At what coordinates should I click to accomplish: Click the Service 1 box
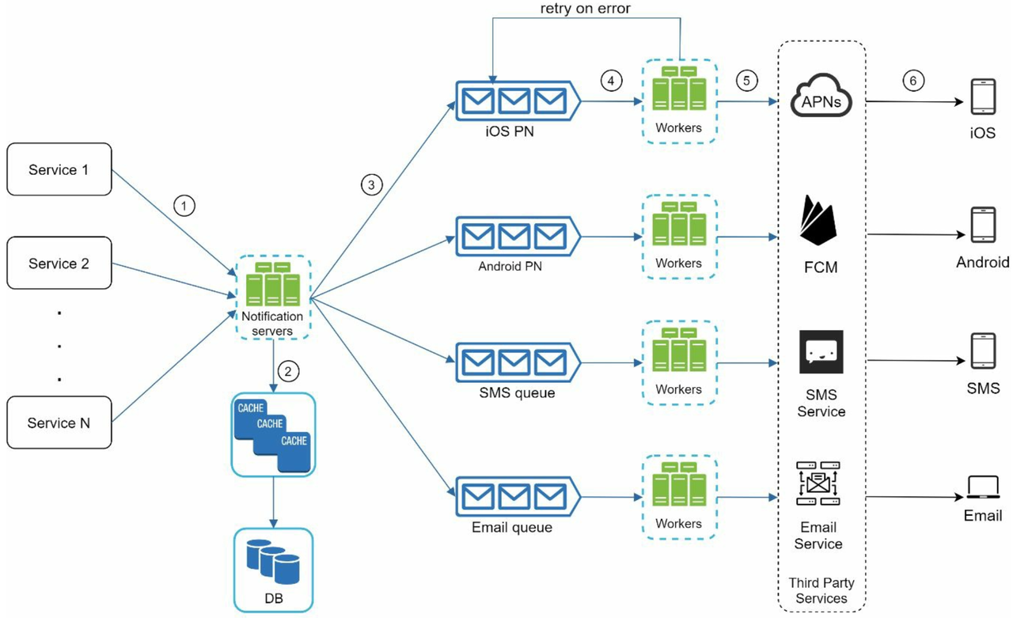click(59, 169)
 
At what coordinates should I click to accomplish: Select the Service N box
click(59, 423)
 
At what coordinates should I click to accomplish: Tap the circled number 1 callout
click(184, 206)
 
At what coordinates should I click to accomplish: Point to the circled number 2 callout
click(288, 372)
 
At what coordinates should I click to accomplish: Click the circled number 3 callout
click(371, 185)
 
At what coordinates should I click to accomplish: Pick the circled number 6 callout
click(913, 81)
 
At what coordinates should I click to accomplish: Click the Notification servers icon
click(273, 283)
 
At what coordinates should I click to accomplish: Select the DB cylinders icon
click(273, 562)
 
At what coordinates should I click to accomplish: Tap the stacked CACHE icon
click(273, 435)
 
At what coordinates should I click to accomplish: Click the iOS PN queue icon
click(518, 100)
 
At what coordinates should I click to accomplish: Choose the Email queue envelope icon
click(518, 496)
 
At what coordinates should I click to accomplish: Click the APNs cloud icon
click(821, 95)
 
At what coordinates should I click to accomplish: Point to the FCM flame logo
click(818, 220)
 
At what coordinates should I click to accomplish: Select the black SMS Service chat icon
click(821, 351)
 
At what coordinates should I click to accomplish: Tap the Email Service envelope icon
click(818, 483)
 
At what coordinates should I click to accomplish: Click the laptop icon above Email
click(983, 487)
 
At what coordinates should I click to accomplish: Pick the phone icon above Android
click(983, 225)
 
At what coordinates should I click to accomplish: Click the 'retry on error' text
click(585, 8)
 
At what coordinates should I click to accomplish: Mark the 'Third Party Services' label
click(821, 590)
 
